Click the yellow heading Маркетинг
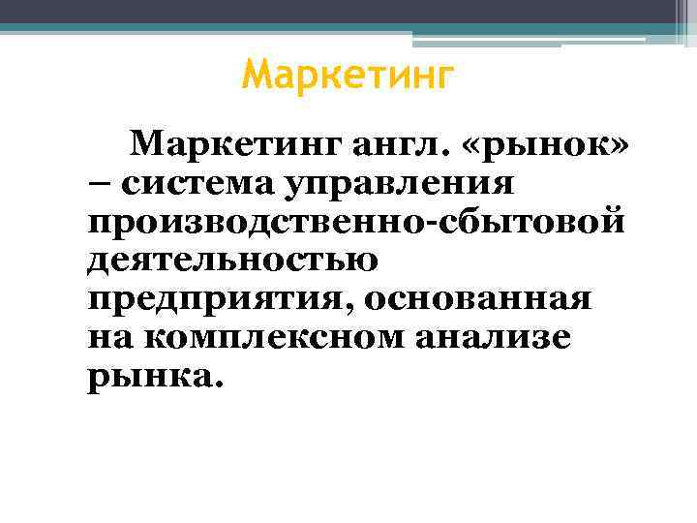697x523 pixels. click(x=347, y=76)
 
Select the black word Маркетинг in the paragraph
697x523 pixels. click(x=237, y=145)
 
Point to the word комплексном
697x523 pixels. click(x=260, y=336)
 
